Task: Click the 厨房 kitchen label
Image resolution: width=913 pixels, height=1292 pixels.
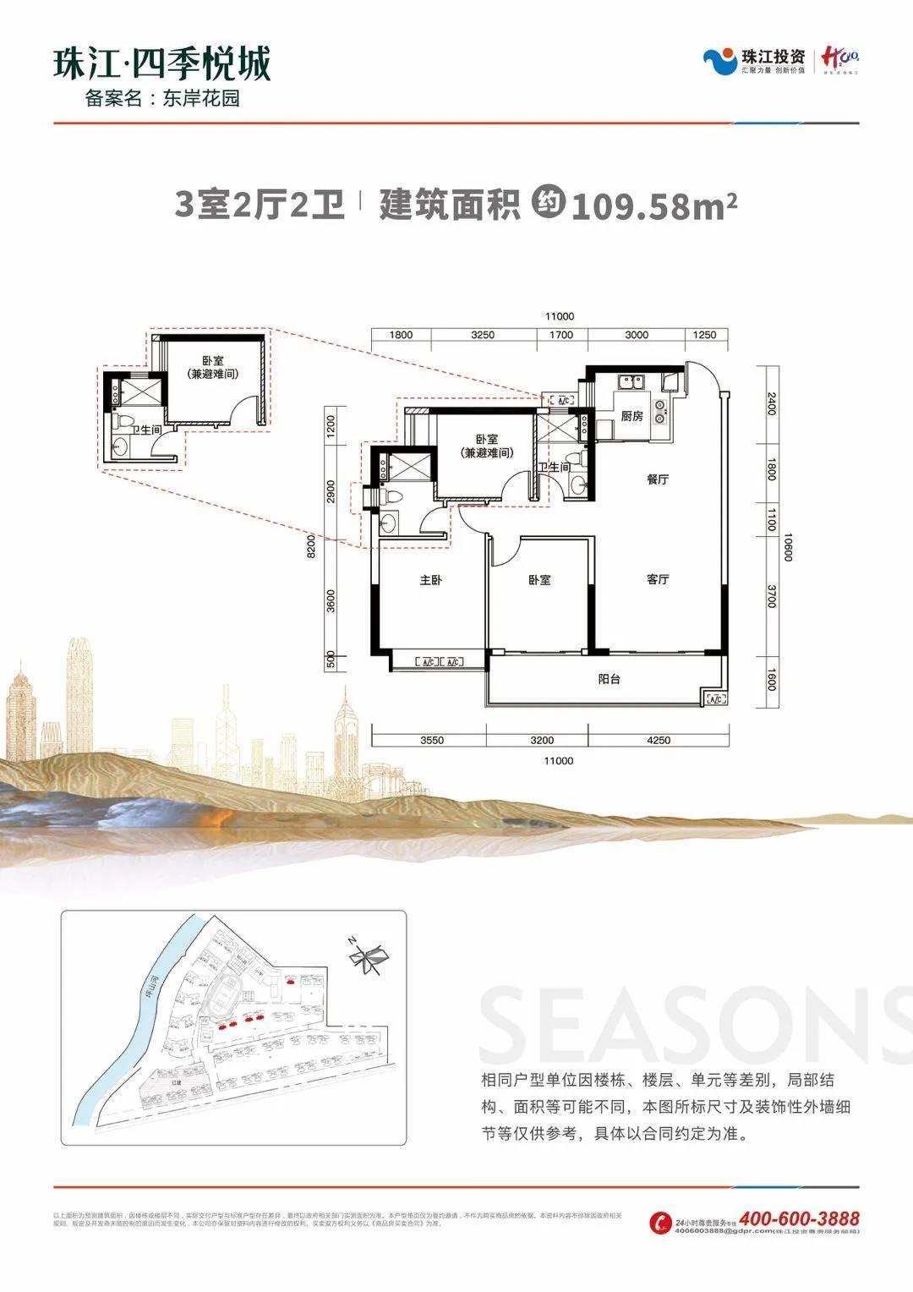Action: point(631,416)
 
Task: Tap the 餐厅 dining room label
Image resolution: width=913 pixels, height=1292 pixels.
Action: point(658,479)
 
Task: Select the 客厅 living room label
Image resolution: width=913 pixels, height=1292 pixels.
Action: point(658,579)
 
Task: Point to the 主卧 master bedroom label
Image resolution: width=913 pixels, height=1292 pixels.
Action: point(431,580)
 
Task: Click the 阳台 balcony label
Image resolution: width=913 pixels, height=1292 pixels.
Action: point(609,678)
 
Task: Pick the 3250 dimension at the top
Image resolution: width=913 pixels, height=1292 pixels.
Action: point(483,335)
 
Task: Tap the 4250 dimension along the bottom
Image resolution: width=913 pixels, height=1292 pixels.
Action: point(658,740)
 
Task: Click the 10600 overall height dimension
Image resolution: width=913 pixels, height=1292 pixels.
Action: point(788,546)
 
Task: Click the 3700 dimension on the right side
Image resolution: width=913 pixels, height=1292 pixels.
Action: point(771,597)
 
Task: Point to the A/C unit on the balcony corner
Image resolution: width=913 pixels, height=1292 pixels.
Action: point(715,698)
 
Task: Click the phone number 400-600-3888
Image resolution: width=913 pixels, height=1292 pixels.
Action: point(799,1218)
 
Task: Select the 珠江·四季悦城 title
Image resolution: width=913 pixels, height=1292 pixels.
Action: point(162,63)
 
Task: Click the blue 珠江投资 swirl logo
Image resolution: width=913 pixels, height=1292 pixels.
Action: point(720,62)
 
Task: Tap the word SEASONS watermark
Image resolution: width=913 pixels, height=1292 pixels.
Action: point(693,1027)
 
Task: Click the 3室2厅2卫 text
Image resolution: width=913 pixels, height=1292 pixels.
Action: point(260,205)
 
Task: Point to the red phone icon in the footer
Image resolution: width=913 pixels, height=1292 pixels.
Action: point(660,1224)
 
